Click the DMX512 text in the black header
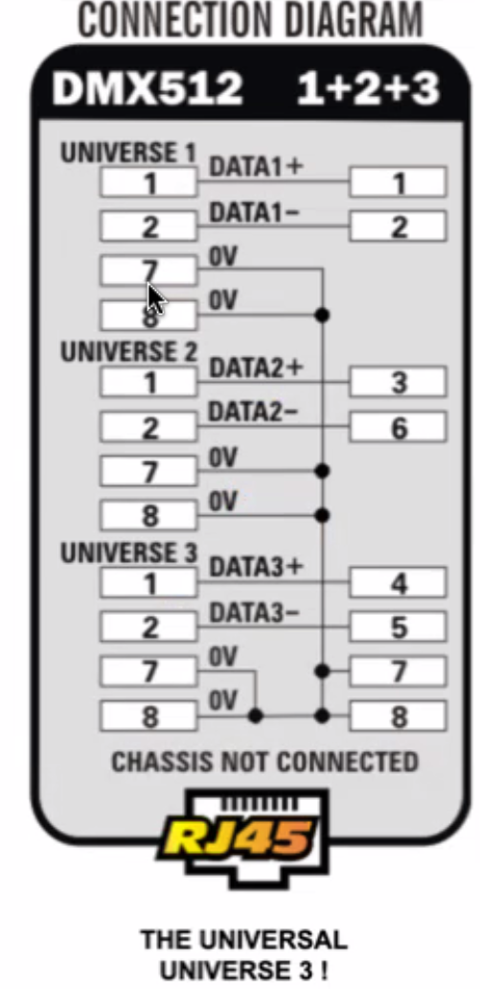pos(147,88)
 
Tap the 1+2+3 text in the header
pos(368,88)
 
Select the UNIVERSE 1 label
pos(128,153)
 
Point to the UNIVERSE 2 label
pos(128,351)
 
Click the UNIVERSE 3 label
pos(128,552)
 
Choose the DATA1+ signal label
pos(255,167)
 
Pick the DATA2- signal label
pos(253,412)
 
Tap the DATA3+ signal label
pos(255,567)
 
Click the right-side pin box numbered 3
pos(399,382)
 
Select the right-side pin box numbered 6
pos(399,427)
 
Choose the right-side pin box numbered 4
pos(399,582)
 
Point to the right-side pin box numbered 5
pos(399,626)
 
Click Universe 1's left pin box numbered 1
pos(149,182)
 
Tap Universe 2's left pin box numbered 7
pos(149,471)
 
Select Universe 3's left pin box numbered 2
pos(149,626)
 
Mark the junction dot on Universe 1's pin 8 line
pos(322,314)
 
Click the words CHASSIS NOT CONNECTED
pos(264,762)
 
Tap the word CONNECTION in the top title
pos(175,19)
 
